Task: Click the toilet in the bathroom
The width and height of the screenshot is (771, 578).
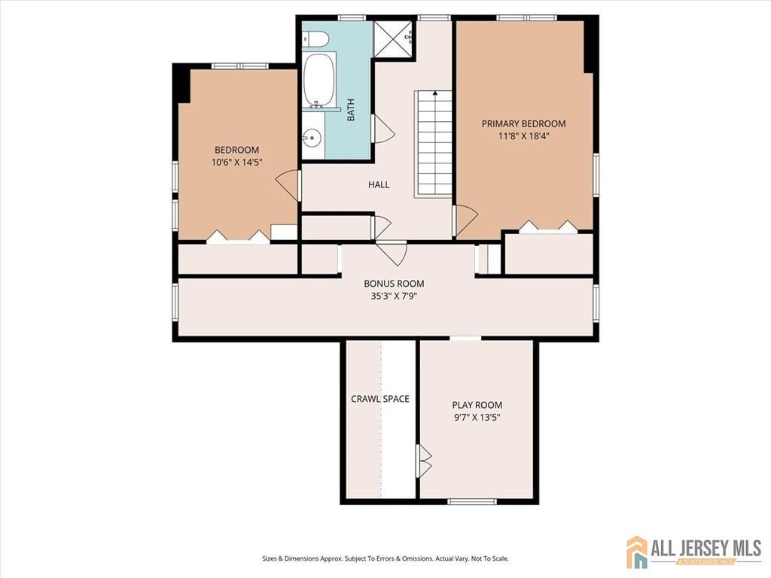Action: tap(317, 38)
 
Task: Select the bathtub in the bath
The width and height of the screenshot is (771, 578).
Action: tap(318, 79)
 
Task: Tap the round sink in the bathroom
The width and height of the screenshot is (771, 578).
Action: tap(311, 138)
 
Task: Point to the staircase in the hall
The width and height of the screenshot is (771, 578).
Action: tap(434, 143)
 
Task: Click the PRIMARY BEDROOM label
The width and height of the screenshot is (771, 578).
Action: tap(523, 123)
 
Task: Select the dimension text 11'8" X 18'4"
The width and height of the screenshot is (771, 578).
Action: tap(523, 136)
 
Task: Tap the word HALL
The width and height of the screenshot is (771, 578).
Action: tap(379, 184)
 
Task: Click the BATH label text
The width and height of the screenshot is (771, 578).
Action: tap(351, 111)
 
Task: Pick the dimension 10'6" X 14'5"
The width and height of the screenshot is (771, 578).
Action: tap(236, 163)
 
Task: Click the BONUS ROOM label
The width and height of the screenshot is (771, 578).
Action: tap(394, 284)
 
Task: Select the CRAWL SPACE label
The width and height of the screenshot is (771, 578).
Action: tap(380, 399)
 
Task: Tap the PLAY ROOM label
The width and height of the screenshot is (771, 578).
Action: tap(477, 405)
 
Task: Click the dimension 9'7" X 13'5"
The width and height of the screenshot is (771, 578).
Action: tap(477, 417)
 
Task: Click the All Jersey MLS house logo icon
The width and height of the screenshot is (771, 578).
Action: tap(637, 552)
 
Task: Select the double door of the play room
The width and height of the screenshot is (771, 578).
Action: tap(424, 461)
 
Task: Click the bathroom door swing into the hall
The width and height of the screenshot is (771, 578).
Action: tap(382, 129)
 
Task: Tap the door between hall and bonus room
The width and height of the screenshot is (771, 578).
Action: tap(392, 252)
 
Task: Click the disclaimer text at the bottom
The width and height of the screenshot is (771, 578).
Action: tap(385, 558)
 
